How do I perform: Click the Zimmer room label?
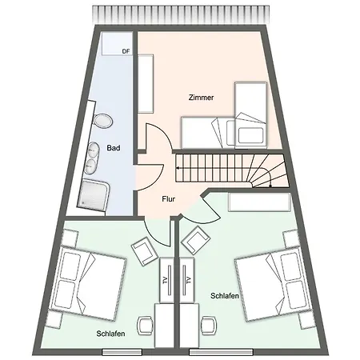coord(201,98)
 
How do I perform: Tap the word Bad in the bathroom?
coord(114,148)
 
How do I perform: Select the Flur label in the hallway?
coord(169,199)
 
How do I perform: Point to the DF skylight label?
coord(126,51)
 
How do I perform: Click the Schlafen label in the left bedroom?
coord(110,334)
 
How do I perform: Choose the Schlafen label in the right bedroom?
coord(225,296)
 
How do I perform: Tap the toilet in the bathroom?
coord(103,122)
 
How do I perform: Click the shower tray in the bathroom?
coord(94,195)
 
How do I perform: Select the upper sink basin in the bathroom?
coord(92,150)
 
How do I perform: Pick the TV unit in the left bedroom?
coord(167,280)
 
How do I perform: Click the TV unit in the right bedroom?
coord(187,280)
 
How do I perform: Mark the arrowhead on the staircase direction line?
coord(178,168)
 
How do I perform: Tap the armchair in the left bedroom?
coord(144,250)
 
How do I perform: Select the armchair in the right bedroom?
coord(195,240)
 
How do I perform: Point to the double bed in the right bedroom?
coord(274,284)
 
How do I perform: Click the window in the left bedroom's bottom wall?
coord(122,352)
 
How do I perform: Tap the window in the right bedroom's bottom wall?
coord(221,352)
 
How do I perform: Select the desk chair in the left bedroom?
coord(145,326)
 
